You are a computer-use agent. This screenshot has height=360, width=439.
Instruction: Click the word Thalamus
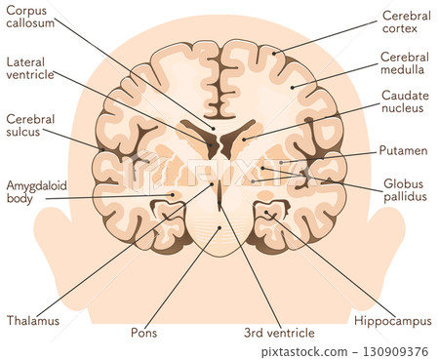point(32,319)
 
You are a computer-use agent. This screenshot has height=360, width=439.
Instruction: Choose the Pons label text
point(143,333)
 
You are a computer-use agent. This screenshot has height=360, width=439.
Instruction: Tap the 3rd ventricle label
point(279,333)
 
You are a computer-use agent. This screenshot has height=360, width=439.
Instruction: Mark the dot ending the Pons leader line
point(219,227)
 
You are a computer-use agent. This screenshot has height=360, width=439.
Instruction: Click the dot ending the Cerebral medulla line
point(293,88)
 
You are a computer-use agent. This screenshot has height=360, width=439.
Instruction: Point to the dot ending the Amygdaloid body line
point(174,195)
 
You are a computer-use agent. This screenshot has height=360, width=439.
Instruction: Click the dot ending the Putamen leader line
point(281,162)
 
